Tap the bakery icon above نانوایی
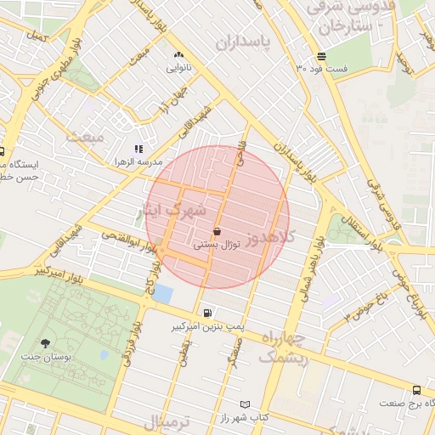click(178, 54)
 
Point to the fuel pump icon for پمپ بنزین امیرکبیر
click(209, 314)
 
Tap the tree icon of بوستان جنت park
click(44, 342)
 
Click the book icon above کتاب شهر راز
click(245, 404)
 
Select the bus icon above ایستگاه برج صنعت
click(415, 390)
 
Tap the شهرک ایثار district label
click(173, 211)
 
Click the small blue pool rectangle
click(162, 295)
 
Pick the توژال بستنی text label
click(219, 244)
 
